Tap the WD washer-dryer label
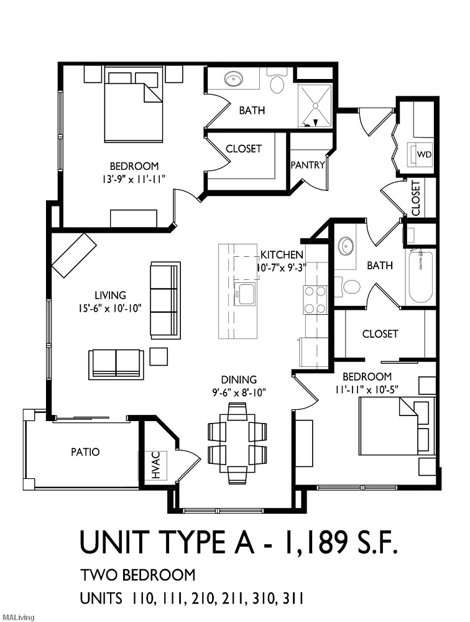[423, 154]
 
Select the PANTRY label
[308, 165]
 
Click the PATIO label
[85, 452]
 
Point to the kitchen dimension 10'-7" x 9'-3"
[282, 268]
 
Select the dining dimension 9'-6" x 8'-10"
[239, 392]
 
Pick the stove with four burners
[315, 299]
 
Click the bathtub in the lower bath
[421, 276]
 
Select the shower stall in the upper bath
[315, 105]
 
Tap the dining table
[237, 443]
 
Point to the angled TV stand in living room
[75, 254]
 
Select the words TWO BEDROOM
[137, 575]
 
